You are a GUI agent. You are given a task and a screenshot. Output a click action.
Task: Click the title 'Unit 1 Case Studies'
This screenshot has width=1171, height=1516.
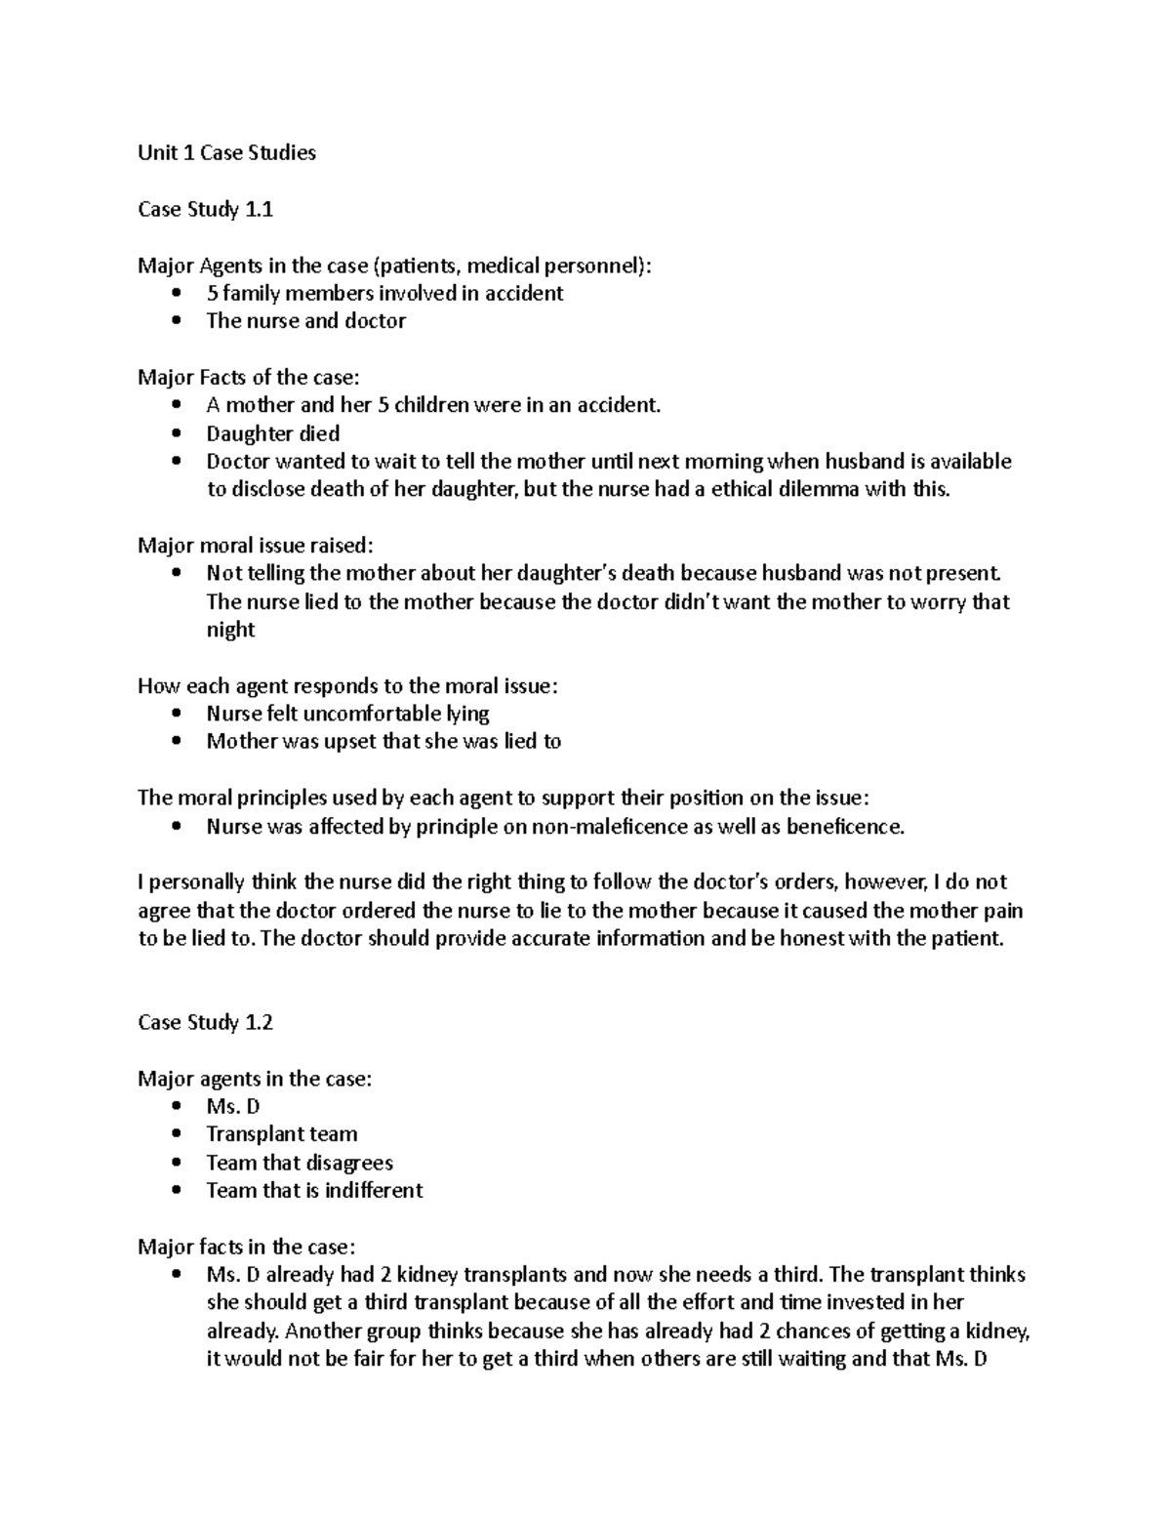[x=226, y=152]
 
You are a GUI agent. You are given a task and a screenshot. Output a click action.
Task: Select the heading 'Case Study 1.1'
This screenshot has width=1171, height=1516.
[x=205, y=209]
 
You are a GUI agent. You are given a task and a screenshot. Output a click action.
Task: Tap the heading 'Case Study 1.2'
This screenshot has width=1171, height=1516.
[x=205, y=1022]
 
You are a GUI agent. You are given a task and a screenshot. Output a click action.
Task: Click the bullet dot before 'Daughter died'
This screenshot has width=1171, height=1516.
[x=176, y=433]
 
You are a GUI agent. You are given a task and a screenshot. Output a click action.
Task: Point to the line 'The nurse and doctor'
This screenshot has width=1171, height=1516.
[x=305, y=320]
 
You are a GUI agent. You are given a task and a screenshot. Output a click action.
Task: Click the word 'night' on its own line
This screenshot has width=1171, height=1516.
[x=230, y=630]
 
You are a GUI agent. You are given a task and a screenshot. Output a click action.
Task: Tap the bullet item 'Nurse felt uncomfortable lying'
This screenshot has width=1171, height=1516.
[x=347, y=714]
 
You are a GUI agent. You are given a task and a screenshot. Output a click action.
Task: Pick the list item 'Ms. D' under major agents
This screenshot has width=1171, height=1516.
[x=232, y=1106]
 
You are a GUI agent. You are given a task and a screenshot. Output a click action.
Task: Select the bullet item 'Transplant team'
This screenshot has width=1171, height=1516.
[x=281, y=1134]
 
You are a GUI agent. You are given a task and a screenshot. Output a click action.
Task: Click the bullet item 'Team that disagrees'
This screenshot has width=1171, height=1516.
[x=299, y=1163]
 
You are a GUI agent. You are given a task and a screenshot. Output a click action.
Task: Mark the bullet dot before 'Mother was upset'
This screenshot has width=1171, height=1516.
[x=176, y=742]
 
